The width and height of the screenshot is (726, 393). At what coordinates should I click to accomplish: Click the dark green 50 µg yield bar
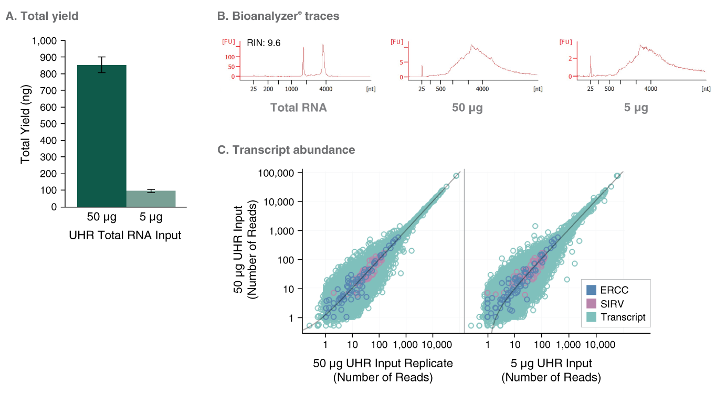[x=101, y=136]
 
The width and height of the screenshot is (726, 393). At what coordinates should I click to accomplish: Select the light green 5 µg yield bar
[x=151, y=198]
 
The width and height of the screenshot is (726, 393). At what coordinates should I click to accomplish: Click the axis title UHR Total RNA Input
[x=125, y=236]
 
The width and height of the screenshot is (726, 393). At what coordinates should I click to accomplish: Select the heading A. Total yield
[x=42, y=16]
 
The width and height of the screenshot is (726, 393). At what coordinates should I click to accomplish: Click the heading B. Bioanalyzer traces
[x=278, y=16]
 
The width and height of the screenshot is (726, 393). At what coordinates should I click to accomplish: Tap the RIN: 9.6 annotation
[x=264, y=43]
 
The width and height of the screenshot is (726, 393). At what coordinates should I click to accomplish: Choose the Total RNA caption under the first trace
[x=298, y=108]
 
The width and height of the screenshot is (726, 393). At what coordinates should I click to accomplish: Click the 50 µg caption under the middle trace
[x=467, y=108]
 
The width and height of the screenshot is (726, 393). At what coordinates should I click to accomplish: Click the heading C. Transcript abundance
[x=286, y=150]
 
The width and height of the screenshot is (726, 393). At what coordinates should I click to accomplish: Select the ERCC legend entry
[x=614, y=290]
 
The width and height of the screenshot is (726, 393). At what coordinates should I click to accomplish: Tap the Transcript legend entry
[x=623, y=317]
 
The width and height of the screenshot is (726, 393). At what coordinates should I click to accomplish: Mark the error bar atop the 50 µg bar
[x=101, y=64]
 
